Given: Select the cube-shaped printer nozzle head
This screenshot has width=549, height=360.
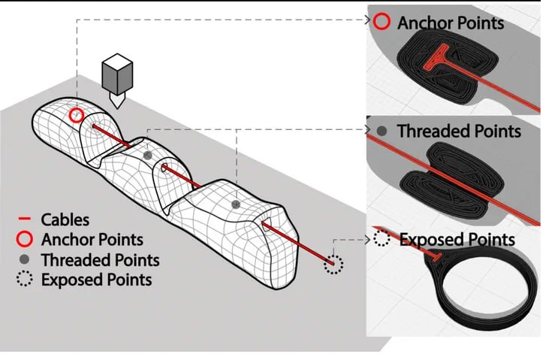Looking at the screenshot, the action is [x=117, y=75].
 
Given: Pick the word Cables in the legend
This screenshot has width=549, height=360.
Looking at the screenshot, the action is [x=65, y=219].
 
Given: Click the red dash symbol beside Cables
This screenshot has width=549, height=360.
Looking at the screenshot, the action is [x=25, y=219].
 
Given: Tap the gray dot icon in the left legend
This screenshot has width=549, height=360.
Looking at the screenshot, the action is [x=24, y=260].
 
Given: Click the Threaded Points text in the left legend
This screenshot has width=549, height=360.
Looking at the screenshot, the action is [x=101, y=260].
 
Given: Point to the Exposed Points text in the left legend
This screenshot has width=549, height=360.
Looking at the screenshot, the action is [x=97, y=280].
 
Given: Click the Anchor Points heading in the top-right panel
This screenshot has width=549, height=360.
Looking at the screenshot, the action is [x=451, y=23].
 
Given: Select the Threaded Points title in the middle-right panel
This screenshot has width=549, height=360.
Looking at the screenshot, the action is [x=459, y=131].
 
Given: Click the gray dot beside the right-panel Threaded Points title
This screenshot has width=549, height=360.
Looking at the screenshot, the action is [x=382, y=131].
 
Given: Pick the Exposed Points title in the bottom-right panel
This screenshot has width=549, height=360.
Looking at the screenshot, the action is [x=457, y=240].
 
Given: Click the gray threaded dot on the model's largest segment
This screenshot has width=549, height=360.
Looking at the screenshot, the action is [x=236, y=204].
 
